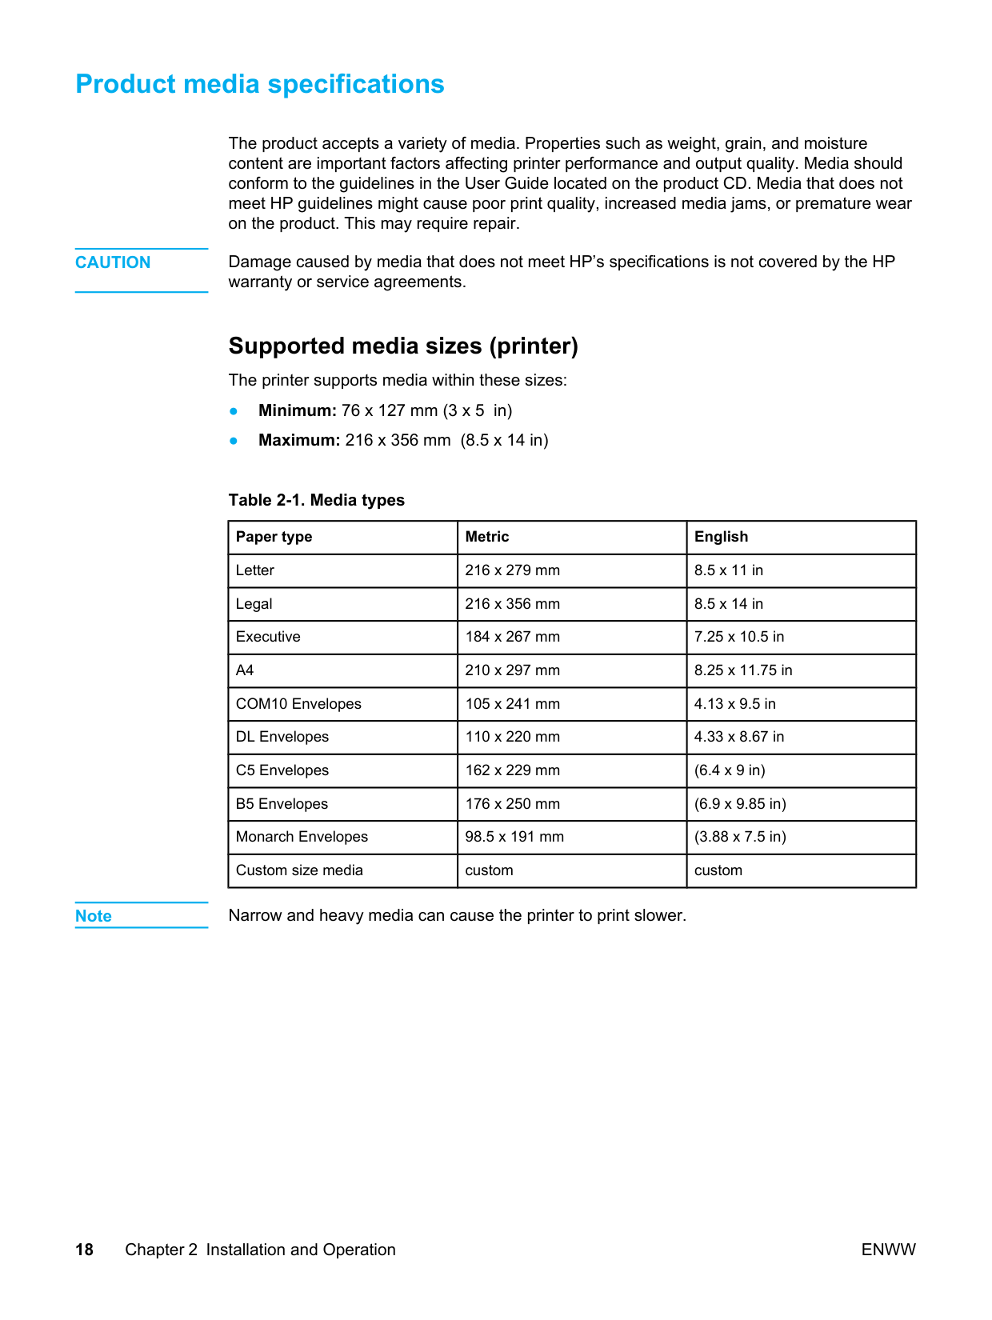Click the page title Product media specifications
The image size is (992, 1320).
tap(260, 84)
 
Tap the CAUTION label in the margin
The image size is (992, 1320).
tap(113, 262)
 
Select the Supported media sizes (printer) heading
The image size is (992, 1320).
tap(403, 346)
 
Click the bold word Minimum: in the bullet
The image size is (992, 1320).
tap(298, 410)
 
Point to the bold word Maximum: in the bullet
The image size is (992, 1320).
tap(299, 440)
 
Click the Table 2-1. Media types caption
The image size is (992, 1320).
tap(317, 500)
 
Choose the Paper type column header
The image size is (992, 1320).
tap(274, 537)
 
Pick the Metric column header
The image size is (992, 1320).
tap(487, 537)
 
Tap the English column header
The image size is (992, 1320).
tap(721, 537)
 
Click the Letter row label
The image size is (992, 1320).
tap(255, 570)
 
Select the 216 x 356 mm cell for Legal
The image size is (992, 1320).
tap(512, 604)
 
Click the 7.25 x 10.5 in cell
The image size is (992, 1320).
tap(739, 637)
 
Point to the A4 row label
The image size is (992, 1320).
tap(245, 670)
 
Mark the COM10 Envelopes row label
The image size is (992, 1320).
tap(298, 704)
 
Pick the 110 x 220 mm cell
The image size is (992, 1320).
tap(512, 737)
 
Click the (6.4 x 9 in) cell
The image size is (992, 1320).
tap(730, 770)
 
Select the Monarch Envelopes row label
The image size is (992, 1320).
tap(302, 837)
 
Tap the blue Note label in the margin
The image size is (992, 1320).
tap(94, 916)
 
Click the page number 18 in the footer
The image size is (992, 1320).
tap(84, 1250)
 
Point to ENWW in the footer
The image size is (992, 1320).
tap(888, 1250)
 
